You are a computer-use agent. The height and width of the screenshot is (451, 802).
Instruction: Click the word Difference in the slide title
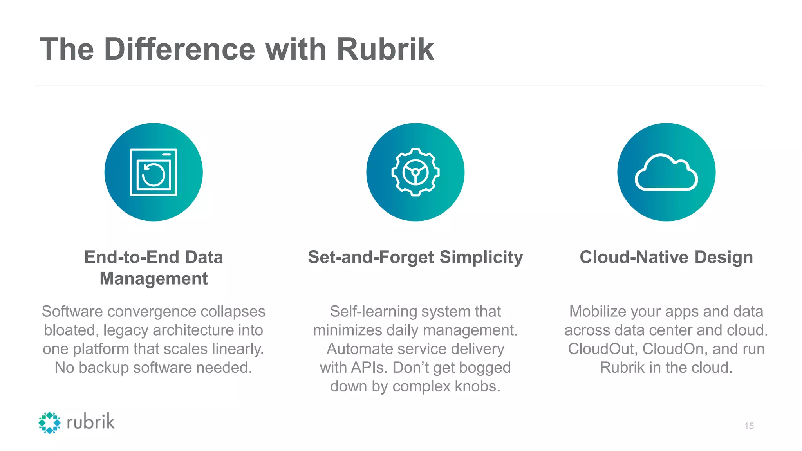180,49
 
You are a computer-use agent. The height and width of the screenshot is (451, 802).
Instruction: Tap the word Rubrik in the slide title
385,49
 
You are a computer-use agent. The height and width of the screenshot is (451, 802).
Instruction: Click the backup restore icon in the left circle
154,172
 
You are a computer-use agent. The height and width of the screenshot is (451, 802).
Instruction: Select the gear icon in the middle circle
415,172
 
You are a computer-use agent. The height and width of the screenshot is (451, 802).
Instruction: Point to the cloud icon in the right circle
666,173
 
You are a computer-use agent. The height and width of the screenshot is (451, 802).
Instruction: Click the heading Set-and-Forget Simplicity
415,257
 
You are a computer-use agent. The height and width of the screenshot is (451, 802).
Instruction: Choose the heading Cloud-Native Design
666,257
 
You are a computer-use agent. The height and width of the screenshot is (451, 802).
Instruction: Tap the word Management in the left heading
154,279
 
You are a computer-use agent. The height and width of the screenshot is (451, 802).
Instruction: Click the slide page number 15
749,426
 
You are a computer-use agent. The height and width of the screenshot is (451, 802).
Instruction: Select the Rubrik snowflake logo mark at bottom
50,422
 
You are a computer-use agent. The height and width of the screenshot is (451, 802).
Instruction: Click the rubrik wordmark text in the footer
91,422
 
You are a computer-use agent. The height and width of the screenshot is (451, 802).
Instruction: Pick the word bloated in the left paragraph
71,330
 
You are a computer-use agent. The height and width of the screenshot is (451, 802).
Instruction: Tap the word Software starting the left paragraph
72,312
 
